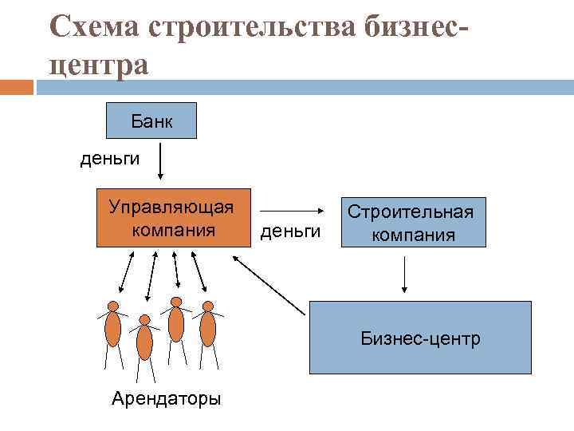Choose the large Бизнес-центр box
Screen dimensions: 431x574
[420, 338]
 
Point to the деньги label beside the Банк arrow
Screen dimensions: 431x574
[109, 158]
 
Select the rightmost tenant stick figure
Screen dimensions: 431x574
[208, 329]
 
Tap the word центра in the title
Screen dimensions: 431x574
[98, 64]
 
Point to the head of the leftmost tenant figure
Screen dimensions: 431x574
[113, 306]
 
